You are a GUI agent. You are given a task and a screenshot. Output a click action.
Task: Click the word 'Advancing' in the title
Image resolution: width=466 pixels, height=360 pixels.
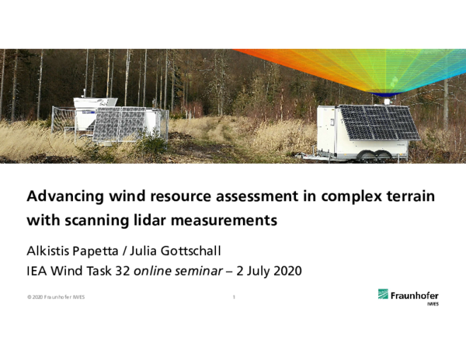tap(64, 195)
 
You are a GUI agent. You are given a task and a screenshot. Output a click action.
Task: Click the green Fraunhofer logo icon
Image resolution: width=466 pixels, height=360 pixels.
tap(384, 294)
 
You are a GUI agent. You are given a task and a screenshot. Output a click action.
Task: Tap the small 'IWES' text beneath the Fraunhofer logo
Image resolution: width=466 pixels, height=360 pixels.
tap(433, 305)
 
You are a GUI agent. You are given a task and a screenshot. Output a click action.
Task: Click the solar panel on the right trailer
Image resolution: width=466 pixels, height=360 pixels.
tap(378, 123)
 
